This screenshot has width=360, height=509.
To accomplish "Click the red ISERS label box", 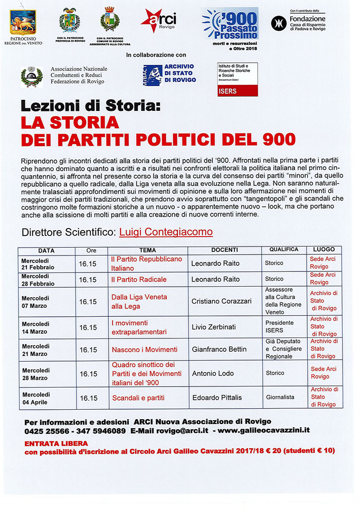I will (238, 90).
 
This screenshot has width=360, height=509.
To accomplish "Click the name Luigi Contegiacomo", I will (166, 232).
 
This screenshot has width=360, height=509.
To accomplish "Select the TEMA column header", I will (147, 250).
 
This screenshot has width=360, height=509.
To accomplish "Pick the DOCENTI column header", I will (224, 250).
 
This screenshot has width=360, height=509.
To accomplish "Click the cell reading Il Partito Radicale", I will (139, 279).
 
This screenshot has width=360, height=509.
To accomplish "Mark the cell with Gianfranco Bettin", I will (219, 350).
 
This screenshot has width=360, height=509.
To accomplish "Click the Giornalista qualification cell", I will (280, 397).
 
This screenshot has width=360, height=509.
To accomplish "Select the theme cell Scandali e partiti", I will (138, 397).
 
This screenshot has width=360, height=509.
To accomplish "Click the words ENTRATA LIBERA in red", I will (56, 443).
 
